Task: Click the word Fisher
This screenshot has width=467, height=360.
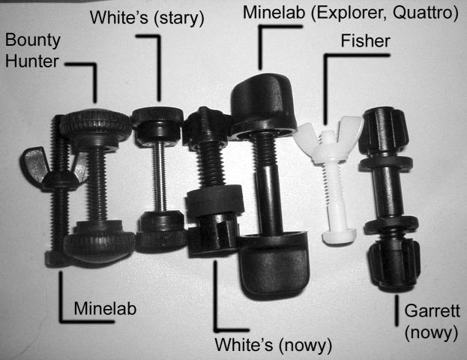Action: tap(366, 41)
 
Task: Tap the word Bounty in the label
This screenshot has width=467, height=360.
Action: tap(33, 40)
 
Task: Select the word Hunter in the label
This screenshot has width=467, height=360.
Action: tap(32, 61)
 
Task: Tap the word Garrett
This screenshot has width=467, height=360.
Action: tap(433, 310)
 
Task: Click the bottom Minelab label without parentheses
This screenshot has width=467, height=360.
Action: tap(105, 308)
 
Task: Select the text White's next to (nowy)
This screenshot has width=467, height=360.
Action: tap(244, 345)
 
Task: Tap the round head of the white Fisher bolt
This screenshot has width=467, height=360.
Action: tap(340, 235)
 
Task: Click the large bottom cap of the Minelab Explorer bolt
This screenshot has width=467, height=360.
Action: tap(274, 265)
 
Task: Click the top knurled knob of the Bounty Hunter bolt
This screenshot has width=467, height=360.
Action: tap(95, 127)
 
